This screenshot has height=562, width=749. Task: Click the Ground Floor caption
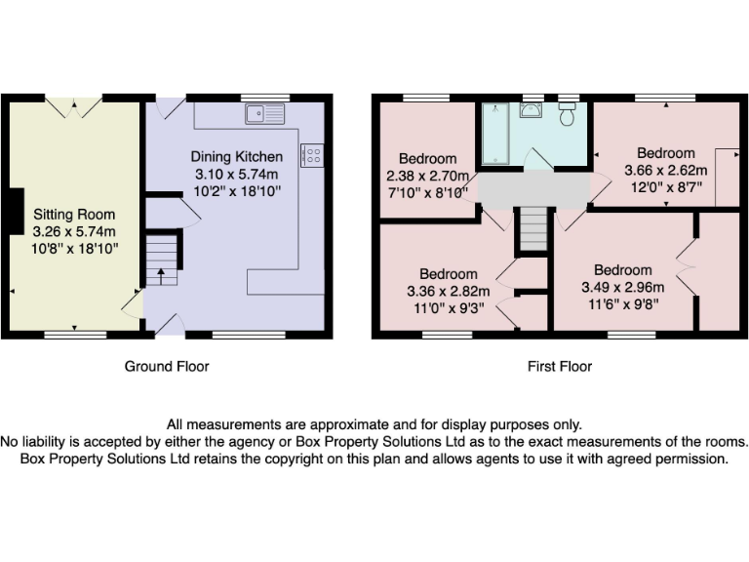(167, 367)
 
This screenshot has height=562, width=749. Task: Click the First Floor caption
(560, 367)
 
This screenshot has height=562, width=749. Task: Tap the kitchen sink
(265, 114)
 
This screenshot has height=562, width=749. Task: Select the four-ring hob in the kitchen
(313, 155)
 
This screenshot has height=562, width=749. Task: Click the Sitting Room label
(74, 215)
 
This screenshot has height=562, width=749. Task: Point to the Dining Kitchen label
(237, 157)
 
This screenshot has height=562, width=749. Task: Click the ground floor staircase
(162, 259)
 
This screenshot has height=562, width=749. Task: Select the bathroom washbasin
(532, 109)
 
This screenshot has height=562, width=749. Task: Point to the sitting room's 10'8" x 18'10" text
(75, 249)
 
